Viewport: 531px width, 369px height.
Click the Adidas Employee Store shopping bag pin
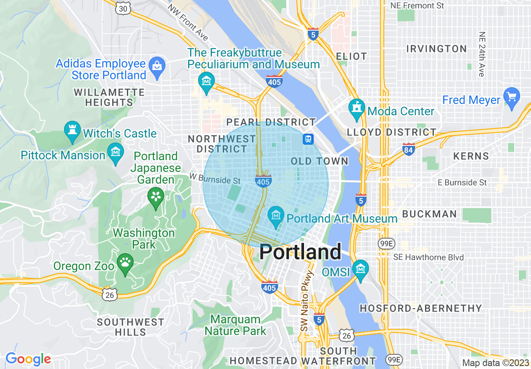click(157, 66)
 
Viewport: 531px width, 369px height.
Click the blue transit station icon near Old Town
click(308, 139)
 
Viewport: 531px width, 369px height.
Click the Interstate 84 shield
click(408, 149)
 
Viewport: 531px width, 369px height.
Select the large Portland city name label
click(300, 252)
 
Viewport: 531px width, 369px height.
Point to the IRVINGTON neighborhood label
click(436, 49)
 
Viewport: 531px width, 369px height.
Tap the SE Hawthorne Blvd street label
click(428, 257)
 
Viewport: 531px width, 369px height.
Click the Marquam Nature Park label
click(235, 325)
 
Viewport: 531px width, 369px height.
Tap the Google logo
click(28, 359)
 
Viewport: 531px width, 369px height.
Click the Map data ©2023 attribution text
click(495, 363)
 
